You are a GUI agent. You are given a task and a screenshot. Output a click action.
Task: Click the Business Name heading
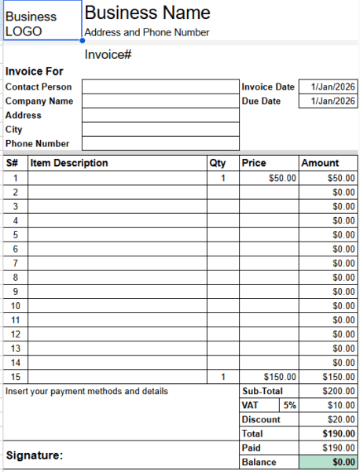click(147, 13)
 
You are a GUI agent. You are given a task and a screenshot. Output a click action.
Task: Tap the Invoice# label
click(108, 54)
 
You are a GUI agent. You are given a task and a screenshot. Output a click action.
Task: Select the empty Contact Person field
click(160, 87)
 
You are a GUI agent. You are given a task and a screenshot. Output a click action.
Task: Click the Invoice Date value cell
click(329, 87)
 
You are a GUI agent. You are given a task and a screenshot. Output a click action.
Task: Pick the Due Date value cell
click(329, 101)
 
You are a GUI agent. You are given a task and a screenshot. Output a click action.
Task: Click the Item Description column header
click(69, 163)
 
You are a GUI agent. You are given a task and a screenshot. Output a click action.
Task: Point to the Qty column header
click(218, 163)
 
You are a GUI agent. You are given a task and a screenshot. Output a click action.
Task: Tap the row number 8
click(15, 277)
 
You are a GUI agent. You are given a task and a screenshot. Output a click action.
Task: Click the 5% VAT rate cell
click(289, 405)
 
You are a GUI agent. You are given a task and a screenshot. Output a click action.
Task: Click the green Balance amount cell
click(329, 462)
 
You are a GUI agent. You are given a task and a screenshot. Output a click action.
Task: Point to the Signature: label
click(35, 455)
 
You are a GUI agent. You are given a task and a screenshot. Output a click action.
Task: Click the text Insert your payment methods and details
click(86, 391)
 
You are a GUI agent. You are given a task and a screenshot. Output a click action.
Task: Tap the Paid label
click(252, 448)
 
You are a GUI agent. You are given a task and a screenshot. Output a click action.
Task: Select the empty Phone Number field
click(160, 143)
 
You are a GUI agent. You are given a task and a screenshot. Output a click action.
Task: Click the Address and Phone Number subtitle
click(146, 32)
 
